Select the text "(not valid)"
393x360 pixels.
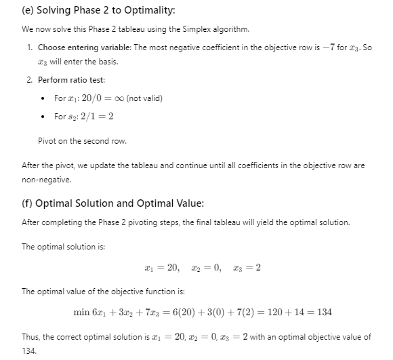tap(144, 98)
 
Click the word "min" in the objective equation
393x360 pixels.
tap(81, 312)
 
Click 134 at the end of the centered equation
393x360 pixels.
tap(324, 312)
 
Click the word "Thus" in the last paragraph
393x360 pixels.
tap(31, 336)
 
